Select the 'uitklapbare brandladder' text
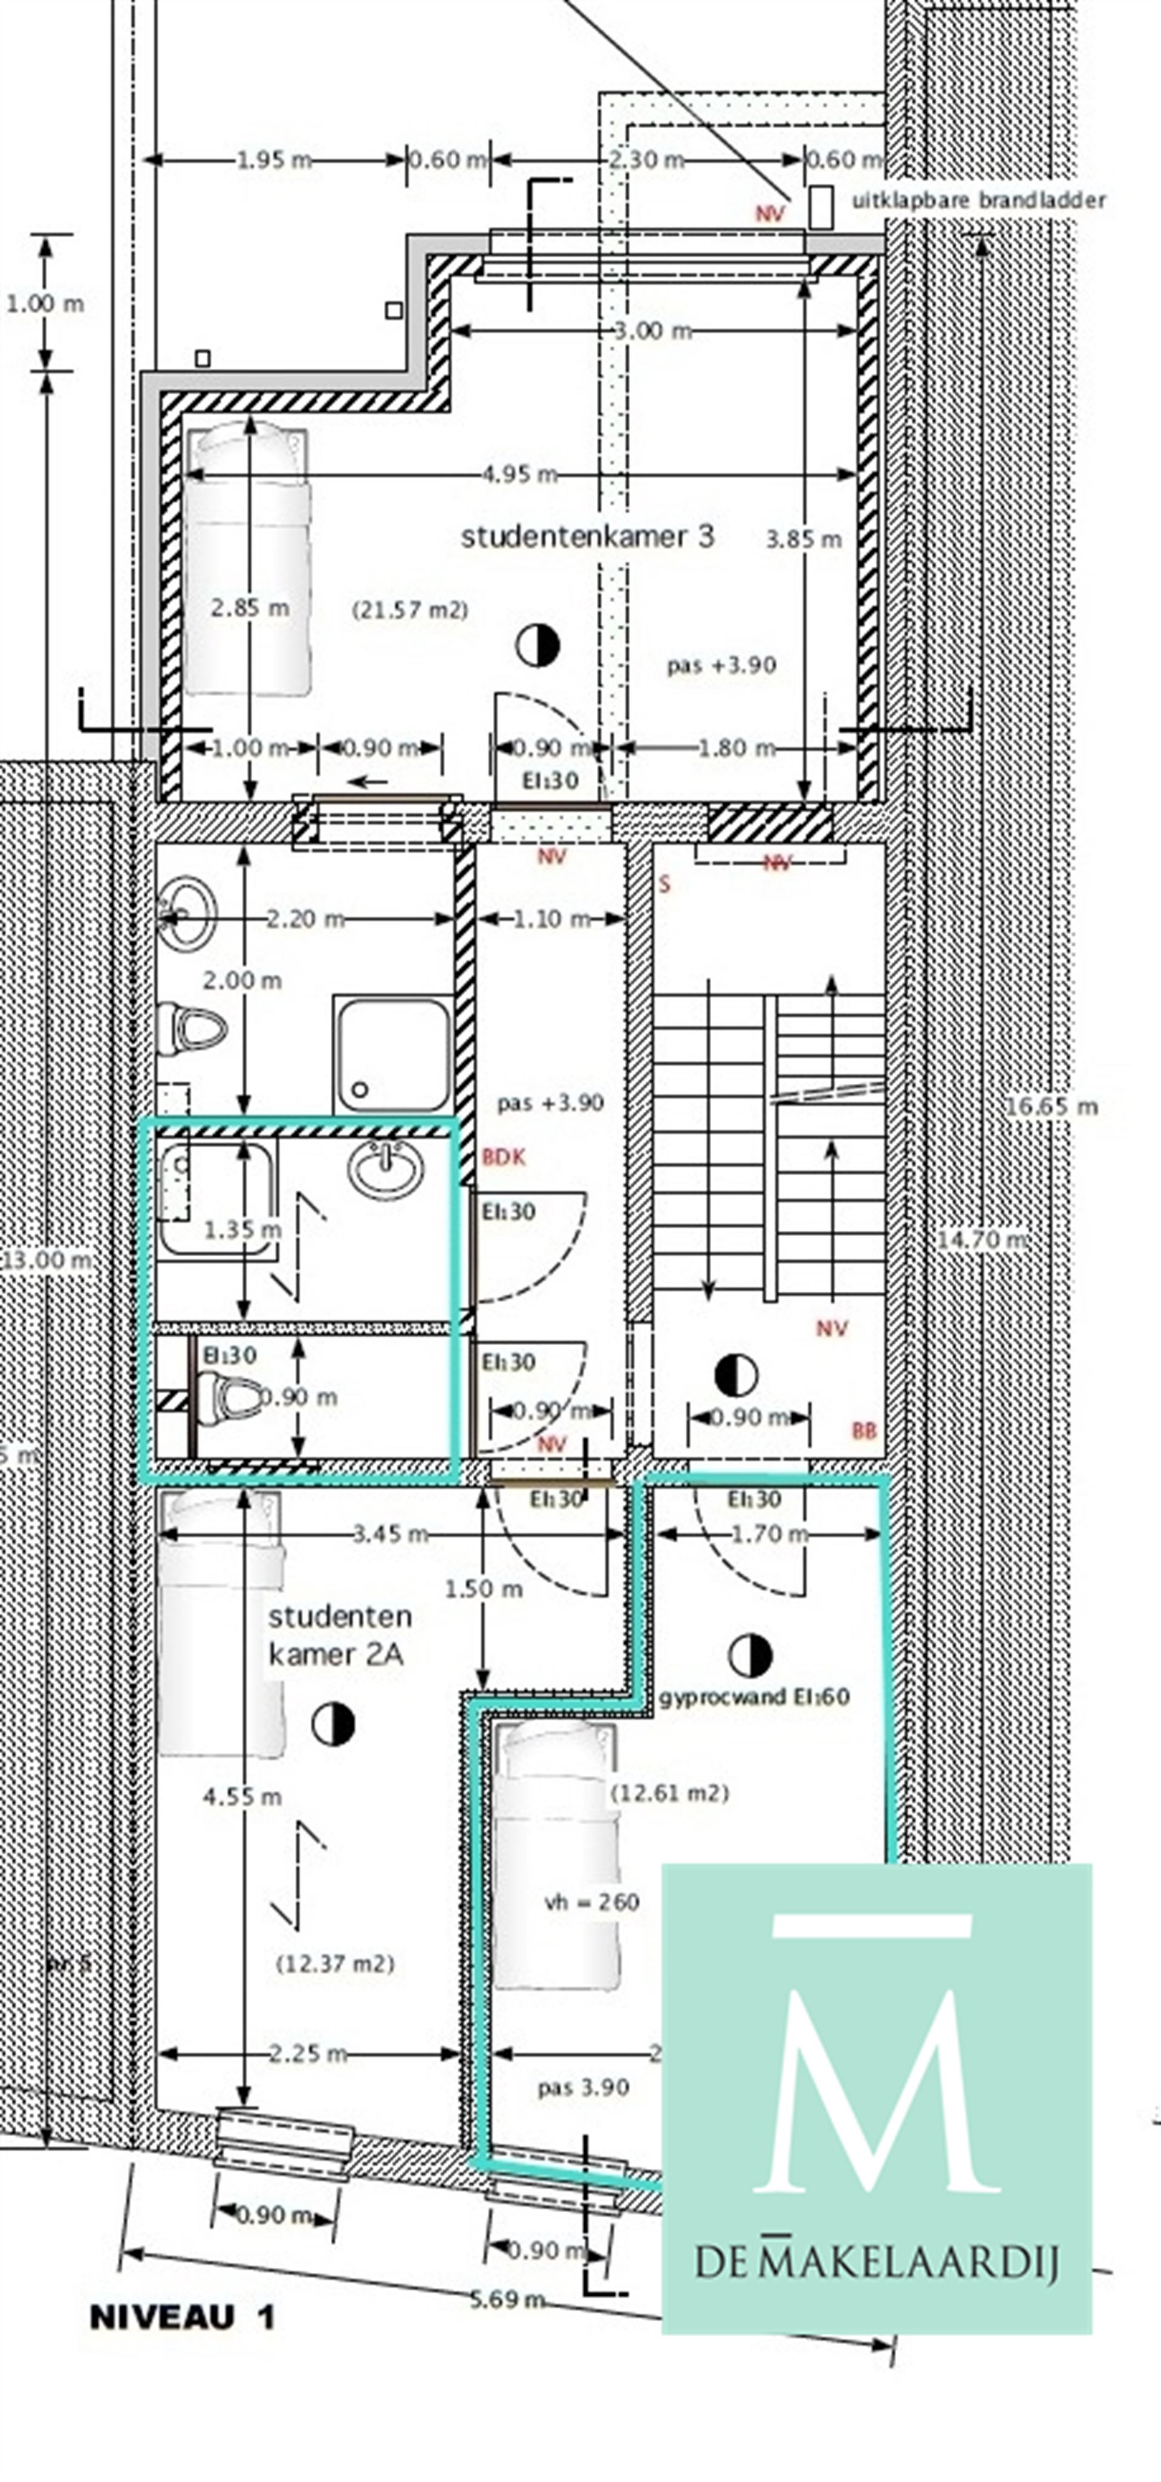click(x=978, y=200)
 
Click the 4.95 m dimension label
click(x=519, y=474)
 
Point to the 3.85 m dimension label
click(x=804, y=539)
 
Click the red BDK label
click(x=504, y=1157)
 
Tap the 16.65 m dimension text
click(x=1051, y=1106)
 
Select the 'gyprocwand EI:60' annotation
click(x=753, y=1697)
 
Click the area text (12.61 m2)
click(x=669, y=1793)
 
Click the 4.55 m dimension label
click(x=242, y=1796)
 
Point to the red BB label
click(x=864, y=1432)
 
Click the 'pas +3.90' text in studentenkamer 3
click(x=721, y=665)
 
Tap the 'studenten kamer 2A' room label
click(x=337, y=1635)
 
